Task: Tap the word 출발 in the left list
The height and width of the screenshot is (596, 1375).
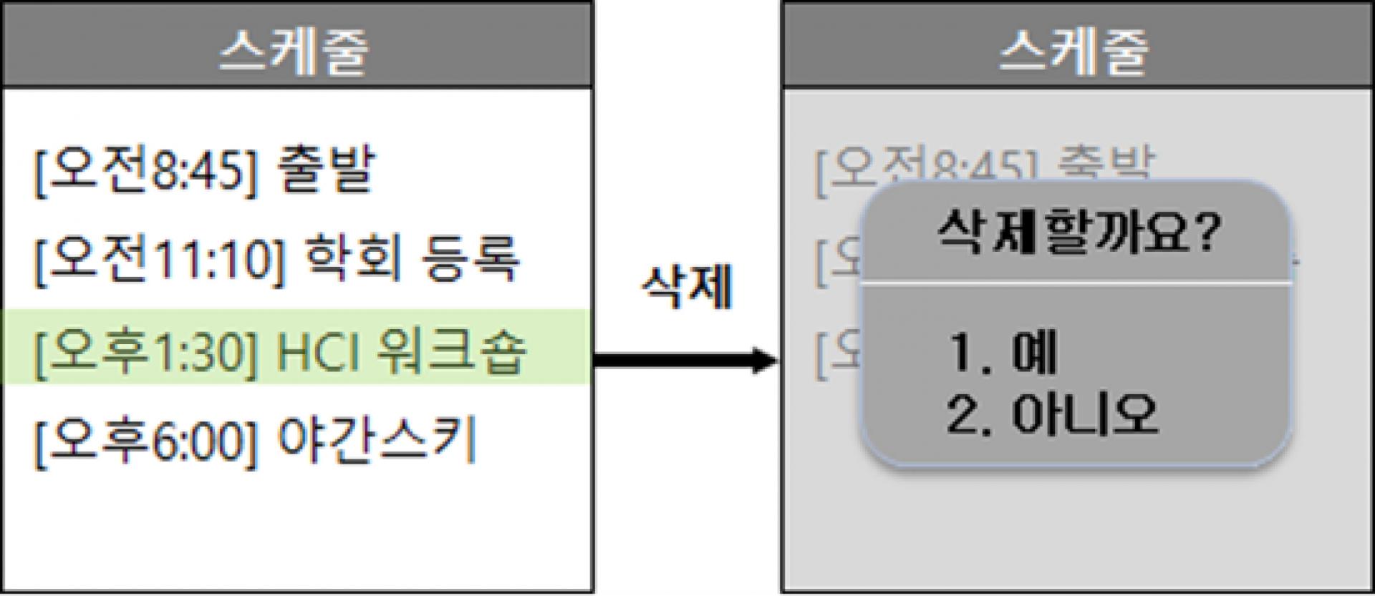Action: [326, 170]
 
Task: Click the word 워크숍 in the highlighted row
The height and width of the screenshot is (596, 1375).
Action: [451, 351]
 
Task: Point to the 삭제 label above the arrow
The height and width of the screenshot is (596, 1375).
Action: [686, 288]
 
